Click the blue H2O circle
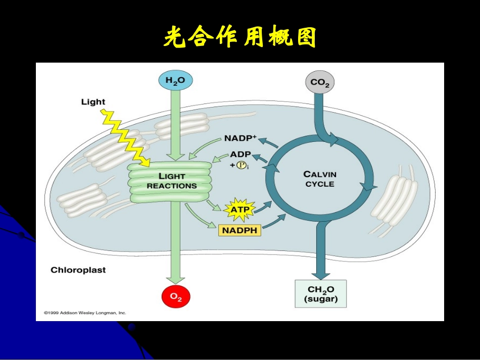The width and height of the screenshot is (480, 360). tap(175, 80)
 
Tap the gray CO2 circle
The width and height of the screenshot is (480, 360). tap(319, 82)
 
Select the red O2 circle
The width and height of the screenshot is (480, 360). tap(175, 296)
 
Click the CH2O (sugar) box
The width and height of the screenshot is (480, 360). tap(320, 293)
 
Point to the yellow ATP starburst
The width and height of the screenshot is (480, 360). tap(240, 208)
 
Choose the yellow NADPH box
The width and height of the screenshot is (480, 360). tap(239, 230)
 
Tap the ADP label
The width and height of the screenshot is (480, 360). tap(241, 154)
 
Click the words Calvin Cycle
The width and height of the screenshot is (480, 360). tap(320, 179)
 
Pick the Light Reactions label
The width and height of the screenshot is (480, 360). tap(171, 181)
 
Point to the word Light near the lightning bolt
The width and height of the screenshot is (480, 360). tap(93, 102)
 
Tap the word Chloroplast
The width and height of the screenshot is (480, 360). tap(78, 270)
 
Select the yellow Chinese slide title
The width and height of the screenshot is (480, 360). tap(240, 37)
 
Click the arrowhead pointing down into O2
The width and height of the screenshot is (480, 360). tap(175, 279)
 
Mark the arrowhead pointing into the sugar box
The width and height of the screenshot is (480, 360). tap(320, 274)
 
